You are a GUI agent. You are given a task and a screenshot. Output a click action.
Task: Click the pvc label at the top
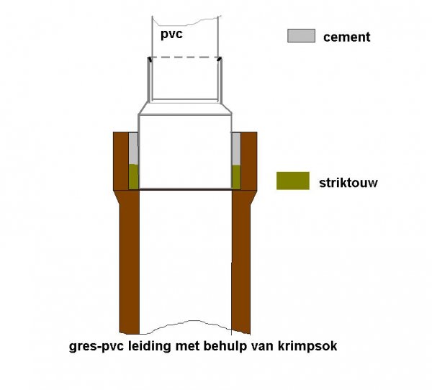pyautogui.click(x=171, y=35)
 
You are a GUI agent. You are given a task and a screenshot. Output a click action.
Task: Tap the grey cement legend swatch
pyautogui.click(x=302, y=35)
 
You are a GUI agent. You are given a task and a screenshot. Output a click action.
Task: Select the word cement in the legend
pyautogui.click(x=346, y=37)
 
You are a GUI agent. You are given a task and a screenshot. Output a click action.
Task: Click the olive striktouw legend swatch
pyautogui.click(x=293, y=181)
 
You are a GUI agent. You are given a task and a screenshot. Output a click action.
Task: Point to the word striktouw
pyautogui.click(x=348, y=183)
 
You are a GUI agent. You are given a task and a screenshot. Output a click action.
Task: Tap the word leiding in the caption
pyautogui.click(x=150, y=346)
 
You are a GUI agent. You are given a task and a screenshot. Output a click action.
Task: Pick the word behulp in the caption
pyautogui.click(x=225, y=346)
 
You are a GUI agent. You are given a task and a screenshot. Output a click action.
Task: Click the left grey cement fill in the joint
pyautogui.click(x=134, y=148)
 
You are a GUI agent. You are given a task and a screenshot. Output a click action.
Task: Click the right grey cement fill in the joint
pyautogui.click(x=236, y=149)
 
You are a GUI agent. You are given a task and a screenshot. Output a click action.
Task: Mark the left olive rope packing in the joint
pyautogui.click(x=134, y=176)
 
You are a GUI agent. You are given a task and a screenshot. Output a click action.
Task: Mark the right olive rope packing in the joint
pyautogui.click(x=236, y=177)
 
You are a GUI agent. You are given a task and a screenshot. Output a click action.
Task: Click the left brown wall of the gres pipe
pyautogui.click(x=129, y=262)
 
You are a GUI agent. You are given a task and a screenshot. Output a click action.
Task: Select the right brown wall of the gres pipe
pyautogui.click(x=240, y=262)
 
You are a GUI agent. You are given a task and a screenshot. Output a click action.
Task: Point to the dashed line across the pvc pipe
pyautogui.click(x=184, y=58)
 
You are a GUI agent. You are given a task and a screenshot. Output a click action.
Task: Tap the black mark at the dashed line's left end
pyautogui.click(x=150, y=59)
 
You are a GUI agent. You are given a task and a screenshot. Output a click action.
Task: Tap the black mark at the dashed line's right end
pyautogui.click(x=220, y=59)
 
